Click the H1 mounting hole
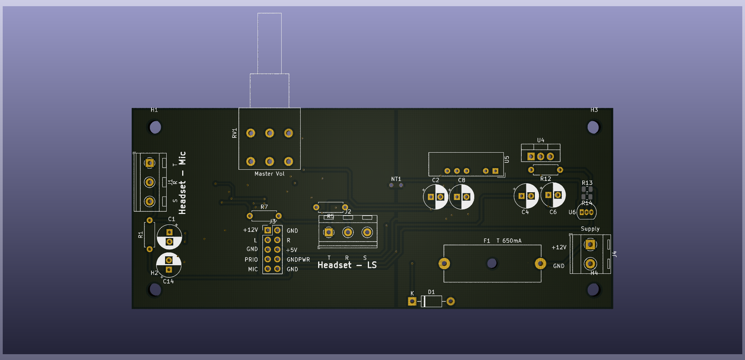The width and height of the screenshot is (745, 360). [155, 127]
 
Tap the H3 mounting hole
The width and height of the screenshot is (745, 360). [593, 127]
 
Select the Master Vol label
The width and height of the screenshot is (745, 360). [269, 174]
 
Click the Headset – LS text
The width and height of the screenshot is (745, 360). [347, 265]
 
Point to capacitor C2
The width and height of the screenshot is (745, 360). [435, 197]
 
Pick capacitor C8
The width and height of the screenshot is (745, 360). [461, 197]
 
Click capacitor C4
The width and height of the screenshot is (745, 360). [526, 196]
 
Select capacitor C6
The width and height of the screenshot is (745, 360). [553, 195]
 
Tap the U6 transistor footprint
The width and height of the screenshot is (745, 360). [587, 212]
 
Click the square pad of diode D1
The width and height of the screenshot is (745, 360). [412, 301]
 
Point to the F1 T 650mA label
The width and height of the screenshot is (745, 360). [502, 241]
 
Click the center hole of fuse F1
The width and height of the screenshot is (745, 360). [492, 263]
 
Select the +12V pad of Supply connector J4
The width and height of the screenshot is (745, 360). [590, 245]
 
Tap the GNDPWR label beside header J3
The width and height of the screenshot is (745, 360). [298, 259]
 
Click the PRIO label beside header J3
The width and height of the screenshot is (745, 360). [251, 259]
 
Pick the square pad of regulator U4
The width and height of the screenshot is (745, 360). [531, 157]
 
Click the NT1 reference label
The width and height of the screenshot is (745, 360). [396, 179]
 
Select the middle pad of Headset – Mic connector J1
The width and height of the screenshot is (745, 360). [150, 182]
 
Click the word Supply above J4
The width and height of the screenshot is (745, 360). [590, 229]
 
